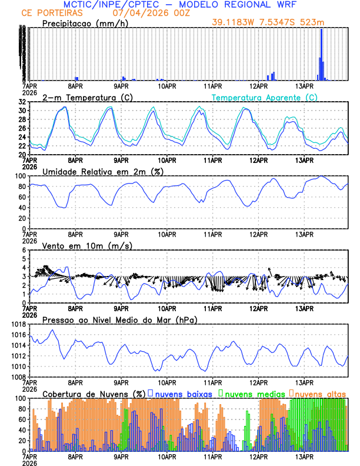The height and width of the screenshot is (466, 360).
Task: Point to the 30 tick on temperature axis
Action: (x=22, y=111)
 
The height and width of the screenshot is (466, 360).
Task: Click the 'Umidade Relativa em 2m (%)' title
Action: (x=102, y=171)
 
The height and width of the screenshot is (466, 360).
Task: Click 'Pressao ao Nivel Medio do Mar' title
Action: (x=119, y=319)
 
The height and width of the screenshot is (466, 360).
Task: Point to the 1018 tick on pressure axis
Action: (x=18, y=324)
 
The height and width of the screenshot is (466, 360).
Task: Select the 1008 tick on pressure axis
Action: (x=18, y=377)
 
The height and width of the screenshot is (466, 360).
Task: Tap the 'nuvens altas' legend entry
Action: (x=321, y=393)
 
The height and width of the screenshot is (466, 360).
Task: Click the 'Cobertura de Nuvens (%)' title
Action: (x=94, y=393)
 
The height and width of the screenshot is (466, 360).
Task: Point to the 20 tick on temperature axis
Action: (x=22, y=154)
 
